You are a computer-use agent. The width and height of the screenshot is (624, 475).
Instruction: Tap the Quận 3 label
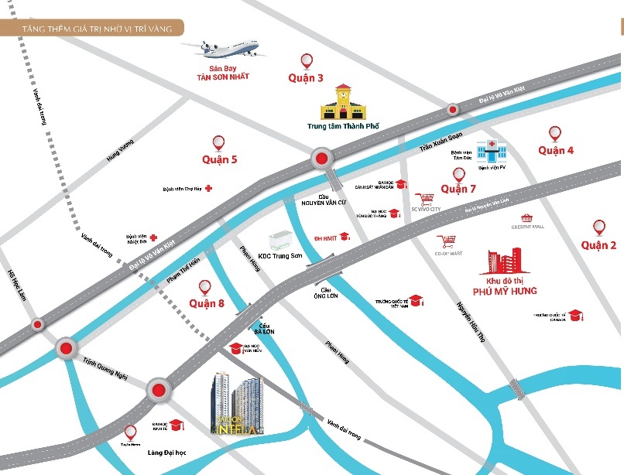click(306, 77)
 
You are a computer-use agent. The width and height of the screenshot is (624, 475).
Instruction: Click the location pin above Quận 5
click(219, 142)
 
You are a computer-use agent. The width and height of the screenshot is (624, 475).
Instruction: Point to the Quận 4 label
click(556, 150)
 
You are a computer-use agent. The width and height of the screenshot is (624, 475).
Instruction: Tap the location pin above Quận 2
click(598, 227)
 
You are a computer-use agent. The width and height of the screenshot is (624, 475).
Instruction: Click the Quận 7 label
click(458, 189)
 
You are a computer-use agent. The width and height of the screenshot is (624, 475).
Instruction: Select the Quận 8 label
click(207, 303)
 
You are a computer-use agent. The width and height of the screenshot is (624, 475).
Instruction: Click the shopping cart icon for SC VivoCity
click(423, 199)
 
